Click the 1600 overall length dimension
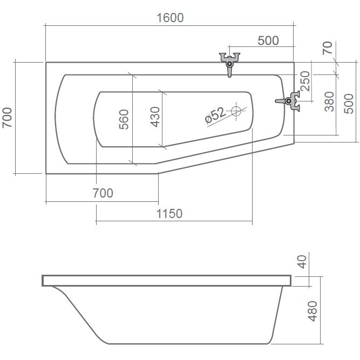[x=170, y=18]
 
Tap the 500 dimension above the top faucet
[x=268, y=40]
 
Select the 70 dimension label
[x=328, y=48]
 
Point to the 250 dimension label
[x=305, y=81]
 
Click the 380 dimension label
[x=329, y=101]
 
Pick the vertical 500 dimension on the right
[x=349, y=104]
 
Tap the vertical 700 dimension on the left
[x=7, y=118]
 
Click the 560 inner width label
[x=124, y=119]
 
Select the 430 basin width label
[x=155, y=117]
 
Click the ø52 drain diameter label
[x=215, y=116]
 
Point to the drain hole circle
[x=236, y=111]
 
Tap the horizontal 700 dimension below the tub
[x=103, y=193]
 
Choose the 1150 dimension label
[x=169, y=214]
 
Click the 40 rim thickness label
[x=302, y=262]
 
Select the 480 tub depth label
[x=313, y=311]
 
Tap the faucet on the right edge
[x=288, y=101]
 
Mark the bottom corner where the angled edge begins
[x=159, y=174]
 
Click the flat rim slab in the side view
[x=167, y=281]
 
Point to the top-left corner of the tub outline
[x=46, y=62]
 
